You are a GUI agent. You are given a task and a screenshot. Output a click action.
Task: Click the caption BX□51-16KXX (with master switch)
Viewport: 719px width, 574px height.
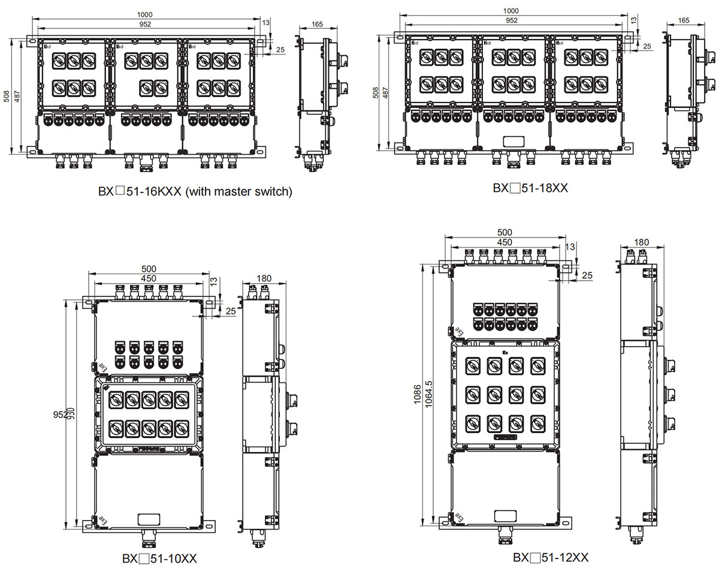click(x=195, y=192)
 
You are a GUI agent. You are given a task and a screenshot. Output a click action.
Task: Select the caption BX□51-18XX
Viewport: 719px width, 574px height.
click(x=530, y=188)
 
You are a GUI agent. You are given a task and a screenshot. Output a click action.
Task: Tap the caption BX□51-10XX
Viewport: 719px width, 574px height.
click(x=159, y=559)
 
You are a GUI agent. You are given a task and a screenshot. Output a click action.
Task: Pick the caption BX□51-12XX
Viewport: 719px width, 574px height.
click(x=550, y=557)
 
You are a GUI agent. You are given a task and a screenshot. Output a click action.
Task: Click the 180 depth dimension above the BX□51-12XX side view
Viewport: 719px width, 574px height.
click(x=641, y=242)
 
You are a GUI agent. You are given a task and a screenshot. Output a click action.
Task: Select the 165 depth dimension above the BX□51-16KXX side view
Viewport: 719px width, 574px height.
click(x=318, y=24)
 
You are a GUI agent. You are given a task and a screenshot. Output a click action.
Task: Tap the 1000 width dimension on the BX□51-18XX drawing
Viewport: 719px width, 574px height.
click(x=511, y=11)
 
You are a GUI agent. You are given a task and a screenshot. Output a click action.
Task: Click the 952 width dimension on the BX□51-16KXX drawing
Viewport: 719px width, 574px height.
click(x=144, y=24)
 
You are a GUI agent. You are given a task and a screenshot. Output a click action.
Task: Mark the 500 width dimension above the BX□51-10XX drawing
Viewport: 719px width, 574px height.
click(x=149, y=269)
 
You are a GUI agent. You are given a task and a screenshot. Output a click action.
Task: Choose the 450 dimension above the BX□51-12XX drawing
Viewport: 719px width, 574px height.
click(x=504, y=242)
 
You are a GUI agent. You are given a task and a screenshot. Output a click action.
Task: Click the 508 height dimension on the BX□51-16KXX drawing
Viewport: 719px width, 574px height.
click(x=7, y=97)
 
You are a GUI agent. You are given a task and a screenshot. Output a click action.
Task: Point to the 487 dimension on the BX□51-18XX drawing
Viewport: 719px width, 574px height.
click(x=385, y=93)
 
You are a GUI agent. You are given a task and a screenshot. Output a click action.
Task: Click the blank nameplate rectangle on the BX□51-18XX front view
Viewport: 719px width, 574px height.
click(x=512, y=141)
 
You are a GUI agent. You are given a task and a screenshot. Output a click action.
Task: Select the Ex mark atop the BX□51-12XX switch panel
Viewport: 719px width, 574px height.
click(x=504, y=353)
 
